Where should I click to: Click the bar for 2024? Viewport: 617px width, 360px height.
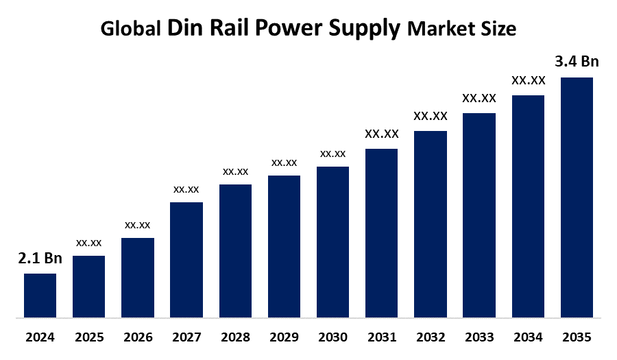point(40,296)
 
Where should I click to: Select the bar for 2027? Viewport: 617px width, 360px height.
point(186,260)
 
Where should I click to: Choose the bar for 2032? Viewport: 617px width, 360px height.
point(431,224)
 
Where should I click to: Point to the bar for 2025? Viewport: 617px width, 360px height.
point(88,287)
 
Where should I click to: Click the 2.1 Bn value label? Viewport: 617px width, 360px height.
point(40,259)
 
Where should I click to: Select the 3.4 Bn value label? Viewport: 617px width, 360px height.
point(577,62)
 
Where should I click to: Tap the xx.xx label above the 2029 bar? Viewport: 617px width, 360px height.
point(284,163)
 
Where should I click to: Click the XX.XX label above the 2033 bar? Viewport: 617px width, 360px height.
point(479,98)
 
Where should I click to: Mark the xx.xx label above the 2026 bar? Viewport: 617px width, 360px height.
point(137,224)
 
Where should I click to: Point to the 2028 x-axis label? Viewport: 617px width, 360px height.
point(235,337)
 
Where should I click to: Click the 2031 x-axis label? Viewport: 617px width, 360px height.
point(381,337)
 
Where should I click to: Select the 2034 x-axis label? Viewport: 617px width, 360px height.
point(528,337)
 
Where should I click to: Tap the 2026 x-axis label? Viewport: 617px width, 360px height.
point(137,337)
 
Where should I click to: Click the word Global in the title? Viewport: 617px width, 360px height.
point(131,29)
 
